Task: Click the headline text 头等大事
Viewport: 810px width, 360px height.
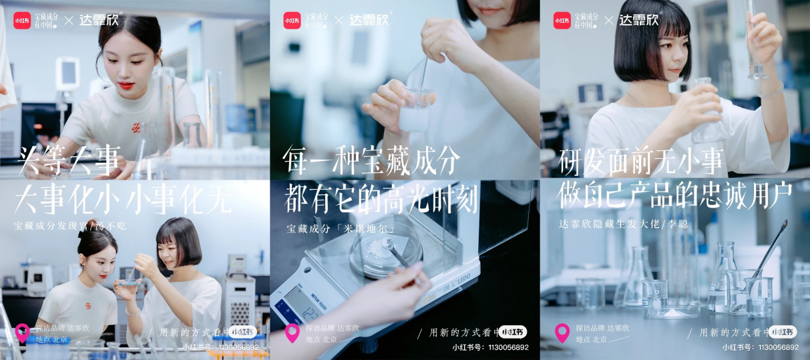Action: tap(69, 161)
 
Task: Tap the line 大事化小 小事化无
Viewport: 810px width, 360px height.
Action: tap(124, 198)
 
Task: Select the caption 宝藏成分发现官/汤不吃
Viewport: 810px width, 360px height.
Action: tap(70, 226)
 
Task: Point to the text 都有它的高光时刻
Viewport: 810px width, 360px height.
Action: tap(381, 198)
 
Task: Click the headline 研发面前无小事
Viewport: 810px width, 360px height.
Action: tap(640, 161)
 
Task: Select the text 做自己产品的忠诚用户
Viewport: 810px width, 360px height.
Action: tap(674, 194)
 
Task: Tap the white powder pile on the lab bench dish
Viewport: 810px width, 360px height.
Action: tap(675, 311)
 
